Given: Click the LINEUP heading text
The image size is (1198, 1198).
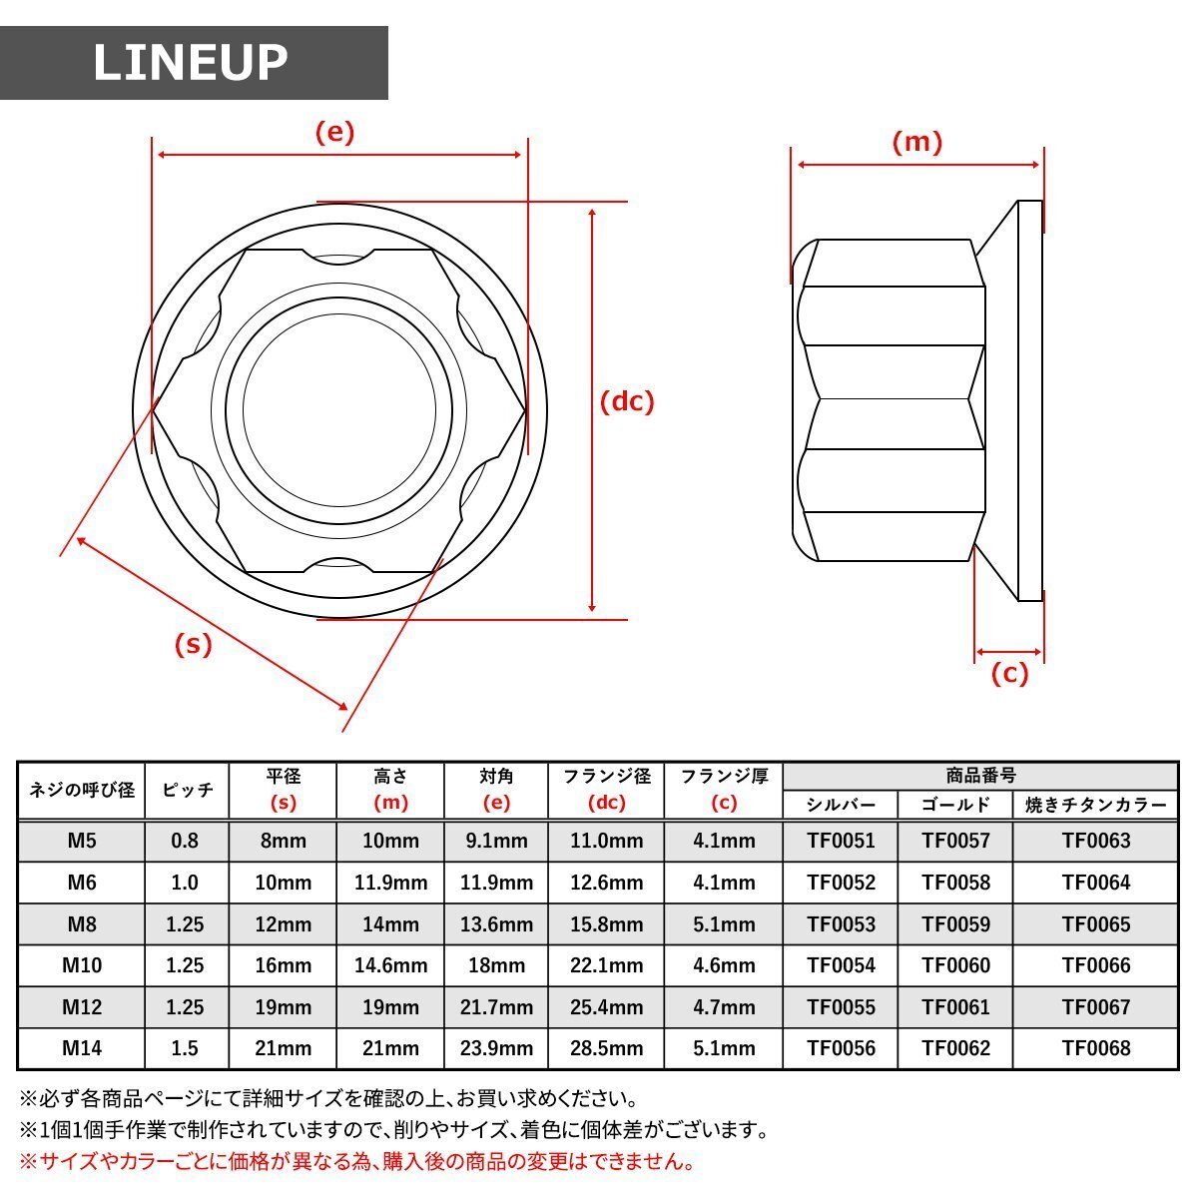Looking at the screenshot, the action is click(x=191, y=63).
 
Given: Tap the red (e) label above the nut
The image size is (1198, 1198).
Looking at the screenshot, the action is click(x=334, y=133).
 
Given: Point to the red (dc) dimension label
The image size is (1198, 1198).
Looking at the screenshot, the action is click(x=627, y=402).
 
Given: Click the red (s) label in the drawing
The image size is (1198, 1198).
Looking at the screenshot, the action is click(x=194, y=644).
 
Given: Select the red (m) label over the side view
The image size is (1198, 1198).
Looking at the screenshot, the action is click(x=917, y=143).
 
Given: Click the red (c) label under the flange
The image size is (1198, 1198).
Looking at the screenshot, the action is click(x=1009, y=673).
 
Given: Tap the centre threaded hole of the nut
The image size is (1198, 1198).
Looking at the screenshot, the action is click(x=338, y=409).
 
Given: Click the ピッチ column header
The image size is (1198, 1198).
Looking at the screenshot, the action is click(x=187, y=790).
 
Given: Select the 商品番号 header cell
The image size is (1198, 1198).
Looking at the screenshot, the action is click(x=980, y=776).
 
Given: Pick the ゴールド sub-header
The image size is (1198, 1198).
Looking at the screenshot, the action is click(x=955, y=805).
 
